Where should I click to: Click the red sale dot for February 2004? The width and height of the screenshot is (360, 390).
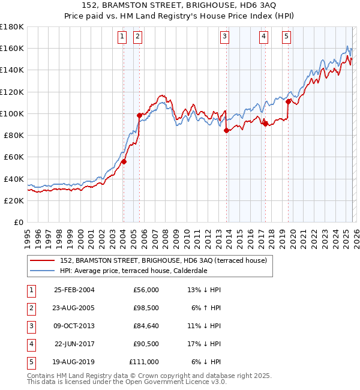(124, 161)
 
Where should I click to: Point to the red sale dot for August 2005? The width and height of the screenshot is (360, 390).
(139, 115)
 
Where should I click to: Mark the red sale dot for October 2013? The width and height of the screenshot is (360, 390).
(226, 130)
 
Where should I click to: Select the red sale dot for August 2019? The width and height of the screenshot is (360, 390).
(288, 101)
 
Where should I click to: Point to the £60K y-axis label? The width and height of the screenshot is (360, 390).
(14, 157)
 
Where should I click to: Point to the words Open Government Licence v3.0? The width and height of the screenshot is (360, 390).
(179, 382)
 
